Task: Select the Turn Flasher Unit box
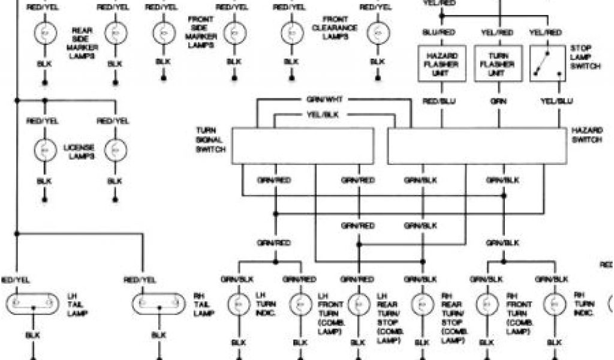(x=497, y=63)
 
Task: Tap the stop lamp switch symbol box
(x=547, y=63)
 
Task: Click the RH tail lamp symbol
(x=158, y=304)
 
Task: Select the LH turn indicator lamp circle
(x=238, y=305)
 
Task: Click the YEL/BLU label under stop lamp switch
(x=556, y=101)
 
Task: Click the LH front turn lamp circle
(x=298, y=305)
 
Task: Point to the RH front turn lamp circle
(x=487, y=305)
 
